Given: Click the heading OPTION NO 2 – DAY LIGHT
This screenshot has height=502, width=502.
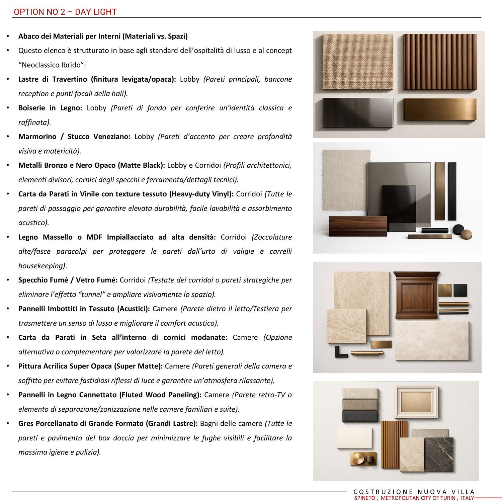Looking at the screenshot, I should click(x=65, y=12).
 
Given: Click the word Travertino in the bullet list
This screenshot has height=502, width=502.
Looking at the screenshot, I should click(x=70, y=79).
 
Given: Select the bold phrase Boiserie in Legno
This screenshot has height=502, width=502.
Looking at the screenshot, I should click(x=50, y=108).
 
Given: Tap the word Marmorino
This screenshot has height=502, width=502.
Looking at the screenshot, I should click(x=37, y=137).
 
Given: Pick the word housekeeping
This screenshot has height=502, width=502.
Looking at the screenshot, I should click(x=42, y=266).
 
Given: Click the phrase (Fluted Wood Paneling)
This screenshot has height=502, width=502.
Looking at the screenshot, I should click(x=160, y=395).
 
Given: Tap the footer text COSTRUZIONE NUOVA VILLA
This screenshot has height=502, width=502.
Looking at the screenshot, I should click(x=414, y=492).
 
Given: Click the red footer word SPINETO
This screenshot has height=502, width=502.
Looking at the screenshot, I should click(x=365, y=498).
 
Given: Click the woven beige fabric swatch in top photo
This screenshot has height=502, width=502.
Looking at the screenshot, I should click(x=357, y=62).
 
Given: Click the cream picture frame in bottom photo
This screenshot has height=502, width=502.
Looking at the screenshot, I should click(x=416, y=402).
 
